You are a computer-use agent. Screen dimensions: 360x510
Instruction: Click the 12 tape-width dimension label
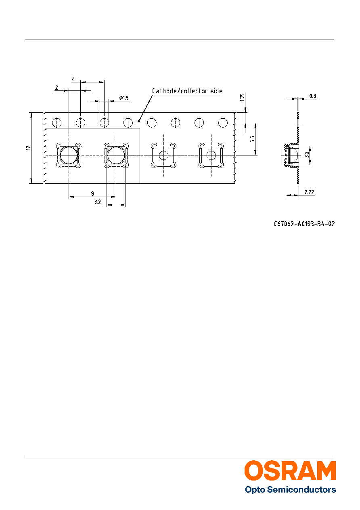pos(28,148)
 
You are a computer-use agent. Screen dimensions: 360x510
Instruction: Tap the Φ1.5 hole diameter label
pos(124,98)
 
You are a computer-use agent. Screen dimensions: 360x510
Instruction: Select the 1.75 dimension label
pos(242,97)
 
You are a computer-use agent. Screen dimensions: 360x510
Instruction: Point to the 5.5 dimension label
pos(252,139)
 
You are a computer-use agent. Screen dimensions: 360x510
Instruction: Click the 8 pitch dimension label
pos(92,194)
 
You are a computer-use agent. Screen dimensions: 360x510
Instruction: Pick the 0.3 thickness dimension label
pos(313,96)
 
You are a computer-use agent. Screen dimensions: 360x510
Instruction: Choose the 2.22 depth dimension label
pos(309,192)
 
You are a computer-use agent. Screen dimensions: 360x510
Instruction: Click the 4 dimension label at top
pos(73,79)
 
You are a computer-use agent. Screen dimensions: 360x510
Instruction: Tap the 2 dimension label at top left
pos(57,88)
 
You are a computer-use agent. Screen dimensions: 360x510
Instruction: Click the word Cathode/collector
pos(180,91)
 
